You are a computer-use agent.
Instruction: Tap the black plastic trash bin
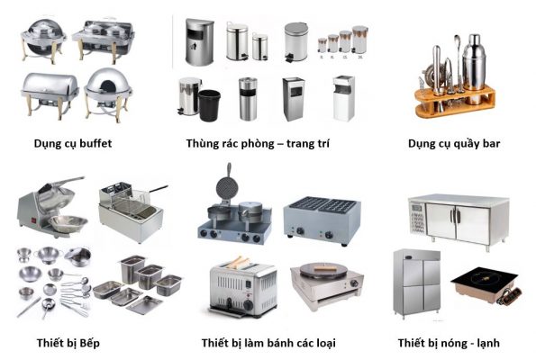click(x=209, y=105)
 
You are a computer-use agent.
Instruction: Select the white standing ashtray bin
click(x=343, y=98)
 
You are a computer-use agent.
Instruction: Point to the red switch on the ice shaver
click(x=34, y=220)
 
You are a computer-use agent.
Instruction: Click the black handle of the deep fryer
click(x=159, y=188)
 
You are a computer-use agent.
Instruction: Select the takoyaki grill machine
click(x=322, y=220)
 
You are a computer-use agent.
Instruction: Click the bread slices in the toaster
click(x=240, y=262)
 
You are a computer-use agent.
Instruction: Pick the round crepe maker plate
click(x=323, y=270)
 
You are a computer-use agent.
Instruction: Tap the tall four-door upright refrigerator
click(x=417, y=282)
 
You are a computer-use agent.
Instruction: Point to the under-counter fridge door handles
click(x=456, y=216)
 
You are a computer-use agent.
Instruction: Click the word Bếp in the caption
click(x=90, y=343)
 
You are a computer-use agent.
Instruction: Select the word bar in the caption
click(x=491, y=143)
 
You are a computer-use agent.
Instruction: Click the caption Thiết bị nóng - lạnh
click(x=449, y=343)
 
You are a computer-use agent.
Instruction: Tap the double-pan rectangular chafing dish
click(x=104, y=40)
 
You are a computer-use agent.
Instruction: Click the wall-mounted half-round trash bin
click(x=200, y=42)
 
